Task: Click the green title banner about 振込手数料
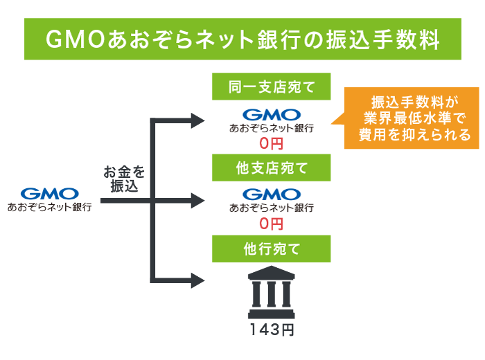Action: pos(242,39)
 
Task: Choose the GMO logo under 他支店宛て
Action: pos(271,193)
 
